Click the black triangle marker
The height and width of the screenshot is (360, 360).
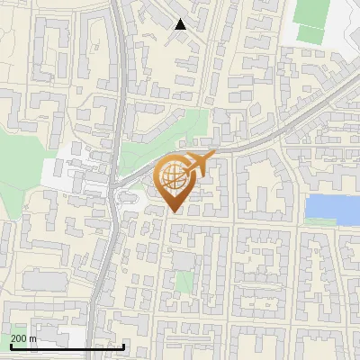180,24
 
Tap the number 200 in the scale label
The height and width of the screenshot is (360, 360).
20,339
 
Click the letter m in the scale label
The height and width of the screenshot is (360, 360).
33,339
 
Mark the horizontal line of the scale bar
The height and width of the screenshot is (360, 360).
67,346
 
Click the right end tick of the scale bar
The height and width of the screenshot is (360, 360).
124,346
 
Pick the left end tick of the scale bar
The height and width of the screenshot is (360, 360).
11,346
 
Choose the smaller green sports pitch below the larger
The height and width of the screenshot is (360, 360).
310,34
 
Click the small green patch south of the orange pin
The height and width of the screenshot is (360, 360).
184,283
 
